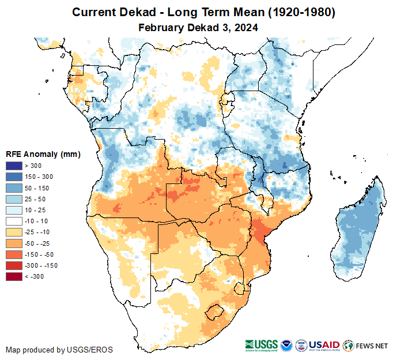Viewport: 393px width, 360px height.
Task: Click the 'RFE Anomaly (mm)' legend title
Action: tap(43, 154)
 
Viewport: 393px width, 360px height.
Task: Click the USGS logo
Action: tap(260, 346)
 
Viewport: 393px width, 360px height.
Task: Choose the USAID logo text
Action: tap(324, 345)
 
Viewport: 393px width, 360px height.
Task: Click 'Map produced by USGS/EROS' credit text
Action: tap(59, 350)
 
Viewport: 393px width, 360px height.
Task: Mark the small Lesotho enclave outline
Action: tap(214, 312)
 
